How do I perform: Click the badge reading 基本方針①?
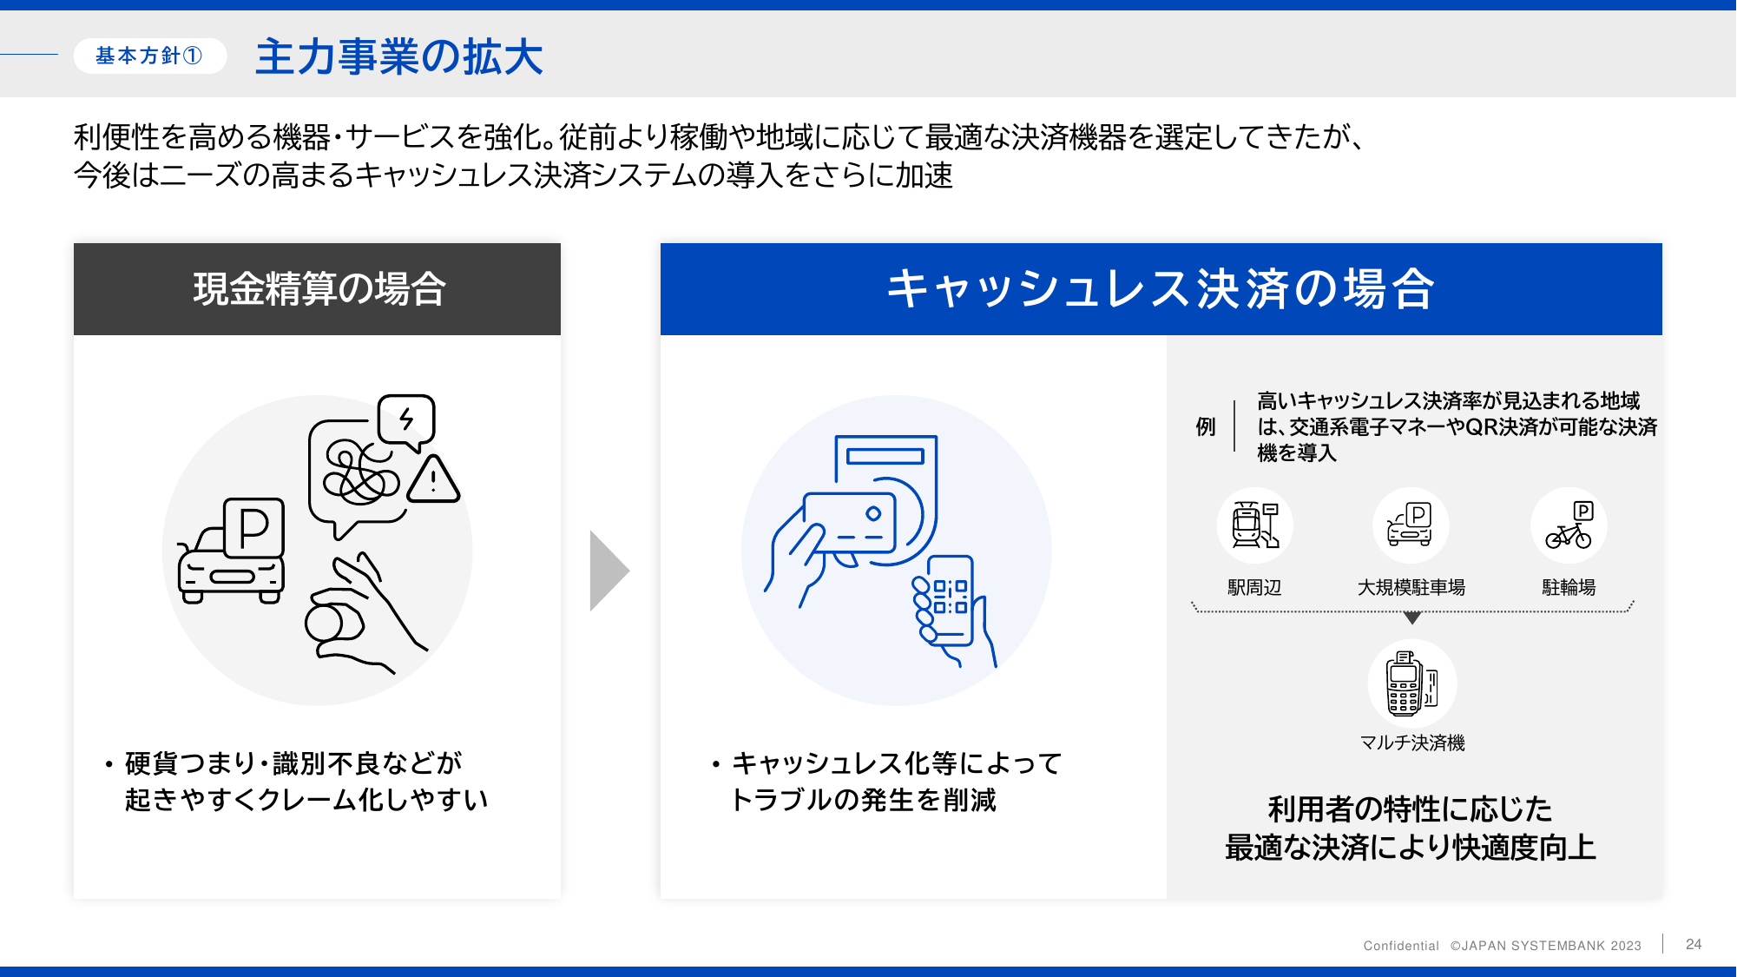tap(150, 56)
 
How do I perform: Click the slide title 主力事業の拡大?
tap(399, 57)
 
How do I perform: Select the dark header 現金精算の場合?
tap(317, 289)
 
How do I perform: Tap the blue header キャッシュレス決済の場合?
tap(1161, 289)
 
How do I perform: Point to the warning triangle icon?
tap(433, 479)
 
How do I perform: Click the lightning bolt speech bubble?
tap(406, 422)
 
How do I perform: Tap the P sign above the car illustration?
tap(253, 527)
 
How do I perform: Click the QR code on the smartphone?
tap(950, 597)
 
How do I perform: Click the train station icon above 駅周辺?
tap(1255, 525)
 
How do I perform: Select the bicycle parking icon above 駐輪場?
tap(1569, 525)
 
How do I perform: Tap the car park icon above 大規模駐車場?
tap(1411, 525)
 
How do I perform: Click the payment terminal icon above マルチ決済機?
tap(1412, 683)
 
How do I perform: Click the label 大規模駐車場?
tap(1411, 588)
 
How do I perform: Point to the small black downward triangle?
tap(1412, 618)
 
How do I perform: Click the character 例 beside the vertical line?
tap(1206, 426)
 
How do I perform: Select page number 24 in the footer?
tap(1694, 944)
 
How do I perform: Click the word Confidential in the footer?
tap(1401, 946)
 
